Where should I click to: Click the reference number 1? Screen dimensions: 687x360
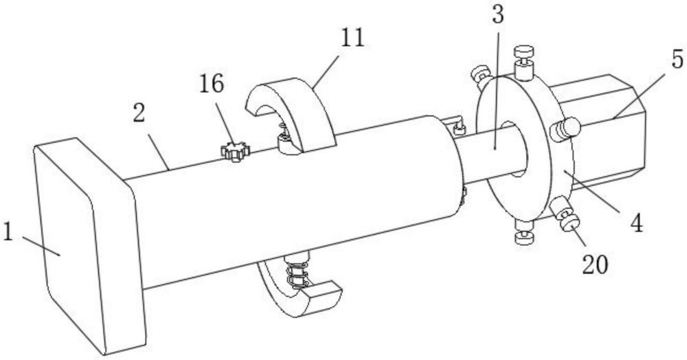click(x=8, y=232)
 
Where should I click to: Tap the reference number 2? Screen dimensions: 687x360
click(x=139, y=113)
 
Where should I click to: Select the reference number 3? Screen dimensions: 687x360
click(x=497, y=15)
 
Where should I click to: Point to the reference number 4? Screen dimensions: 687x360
click(x=636, y=223)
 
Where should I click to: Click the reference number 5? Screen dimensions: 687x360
click(x=677, y=58)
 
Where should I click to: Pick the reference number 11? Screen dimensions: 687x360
click(x=352, y=38)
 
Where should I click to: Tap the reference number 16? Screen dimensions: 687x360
click(x=212, y=84)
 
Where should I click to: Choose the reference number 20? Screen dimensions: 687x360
click(x=595, y=264)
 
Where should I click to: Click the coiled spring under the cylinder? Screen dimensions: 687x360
click(x=295, y=273)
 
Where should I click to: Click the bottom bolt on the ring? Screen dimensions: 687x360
click(x=524, y=233)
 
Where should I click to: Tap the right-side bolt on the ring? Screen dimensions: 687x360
click(x=565, y=130)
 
